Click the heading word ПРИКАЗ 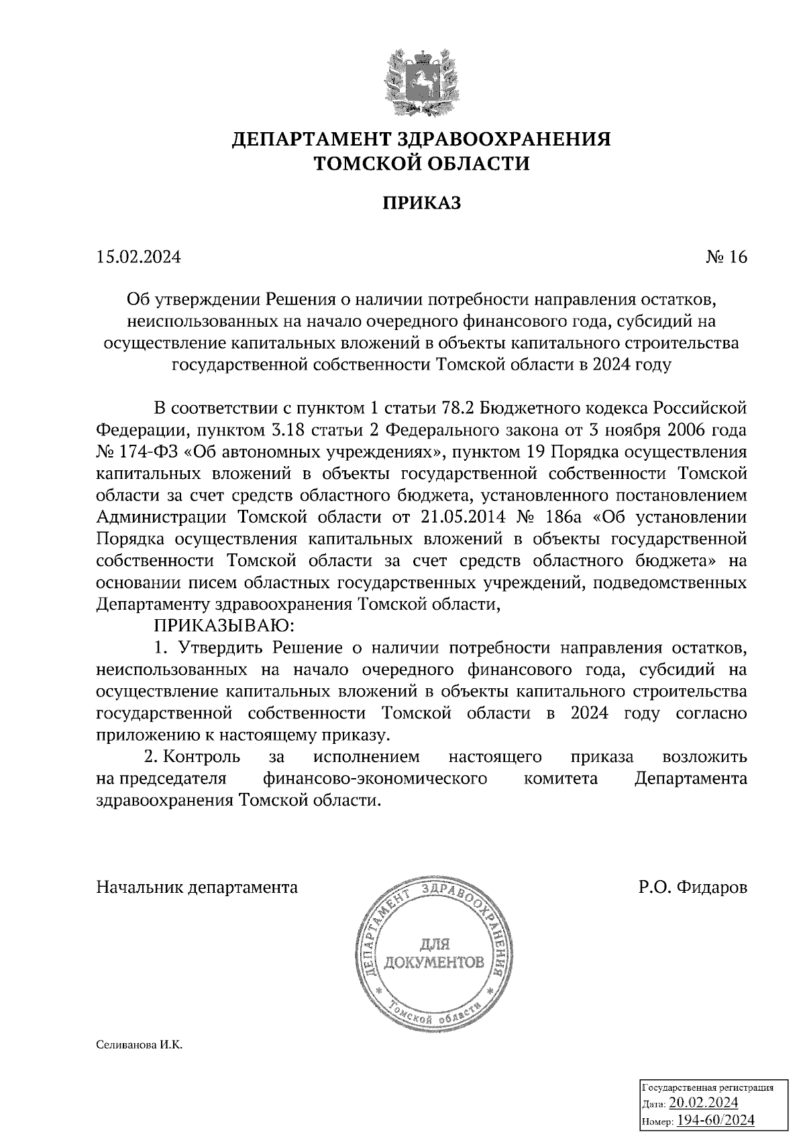pyautogui.click(x=422, y=203)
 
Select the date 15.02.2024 pyautogui.click(x=139, y=258)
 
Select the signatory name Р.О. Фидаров pyautogui.click(x=692, y=887)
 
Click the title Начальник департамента pyautogui.click(x=197, y=887)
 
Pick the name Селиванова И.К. pyautogui.click(x=140, y=1045)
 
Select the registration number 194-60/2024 pyautogui.click(x=715, y=1120)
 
